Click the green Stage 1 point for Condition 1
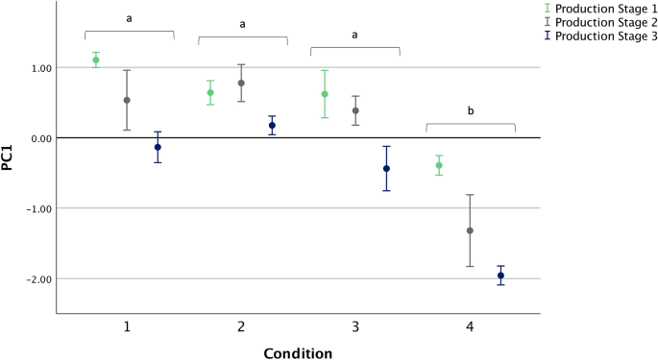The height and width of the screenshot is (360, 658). pos(96,60)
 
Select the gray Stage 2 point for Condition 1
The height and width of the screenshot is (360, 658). pos(127,100)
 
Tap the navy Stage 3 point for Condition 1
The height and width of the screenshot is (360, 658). pos(158,147)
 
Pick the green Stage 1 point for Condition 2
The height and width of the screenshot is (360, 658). pos(210,93)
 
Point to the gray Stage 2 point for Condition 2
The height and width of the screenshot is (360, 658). pos(241,83)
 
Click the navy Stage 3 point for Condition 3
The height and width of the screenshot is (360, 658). pos(386,168)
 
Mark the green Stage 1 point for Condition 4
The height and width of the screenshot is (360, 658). pos(439,165)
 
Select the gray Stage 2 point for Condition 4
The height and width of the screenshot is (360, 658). pos(470,230)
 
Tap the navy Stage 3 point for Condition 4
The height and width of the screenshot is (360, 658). pos(500,276)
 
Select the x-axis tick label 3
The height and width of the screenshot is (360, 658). pos(355,327)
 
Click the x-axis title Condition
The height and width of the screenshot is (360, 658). pos(298,351)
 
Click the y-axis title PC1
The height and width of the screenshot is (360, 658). pos(9,156)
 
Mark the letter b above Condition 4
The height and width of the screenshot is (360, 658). pos(471,111)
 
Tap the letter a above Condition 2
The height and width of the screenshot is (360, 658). pos(242,24)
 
